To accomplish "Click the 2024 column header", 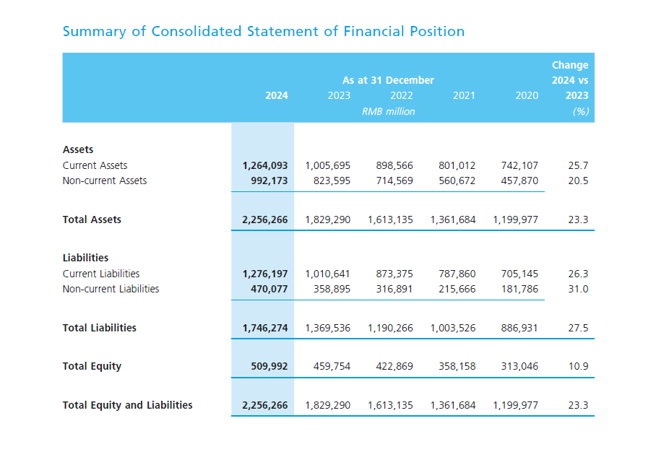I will click(x=276, y=95).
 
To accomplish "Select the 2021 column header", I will click(x=464, y=95).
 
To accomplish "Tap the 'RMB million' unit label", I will click(x=388, y=112).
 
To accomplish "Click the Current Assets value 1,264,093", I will click(x=264, y=165).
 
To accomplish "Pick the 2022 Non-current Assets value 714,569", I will click(x=394, y=181).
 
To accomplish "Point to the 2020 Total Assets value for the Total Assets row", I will click(x=515, y=220).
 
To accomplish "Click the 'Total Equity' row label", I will click(x=92, y=366).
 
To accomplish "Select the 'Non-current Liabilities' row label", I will click(x=111, y=289).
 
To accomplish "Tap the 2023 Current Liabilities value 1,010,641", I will click(x=327, y=274).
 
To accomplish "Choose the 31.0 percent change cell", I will click(x=578, y=289).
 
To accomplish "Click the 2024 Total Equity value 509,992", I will click(x=269, y=366).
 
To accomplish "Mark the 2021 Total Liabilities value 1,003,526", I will click(x=453, y=328).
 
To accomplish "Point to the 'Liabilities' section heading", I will click(x=85, y=258).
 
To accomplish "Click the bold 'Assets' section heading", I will click(x=78, y=149).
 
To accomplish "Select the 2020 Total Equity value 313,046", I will click(x=519, y=366).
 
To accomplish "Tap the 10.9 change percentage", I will click(x=578, y=366).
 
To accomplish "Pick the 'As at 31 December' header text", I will click(x=388, y=80).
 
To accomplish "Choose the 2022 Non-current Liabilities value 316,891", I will click(x=394, y=289).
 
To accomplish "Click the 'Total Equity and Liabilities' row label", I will click(x=127, y=405).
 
